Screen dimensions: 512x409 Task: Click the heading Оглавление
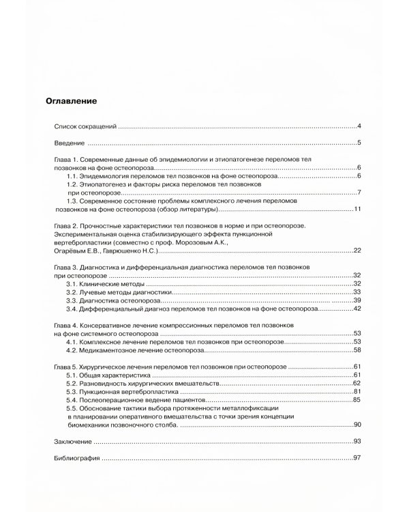point(71,101)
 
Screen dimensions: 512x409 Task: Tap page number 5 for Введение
point(359,143)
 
